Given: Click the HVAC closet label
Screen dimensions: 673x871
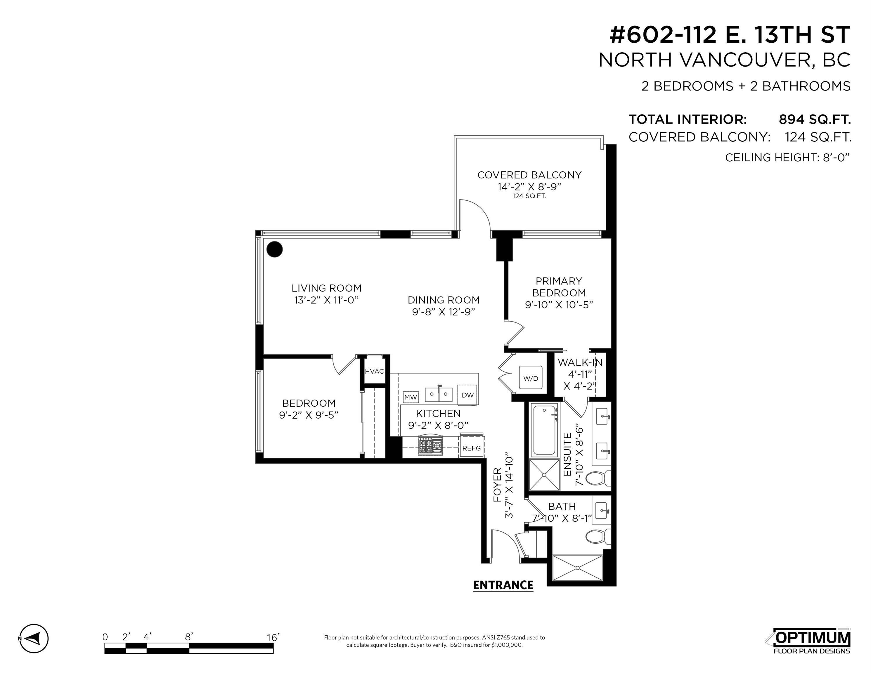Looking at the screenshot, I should (x=374, y=372).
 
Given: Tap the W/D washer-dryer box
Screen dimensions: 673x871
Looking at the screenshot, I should (x=530, y=378).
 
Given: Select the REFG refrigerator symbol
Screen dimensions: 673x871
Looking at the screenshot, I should (x=471, y=448).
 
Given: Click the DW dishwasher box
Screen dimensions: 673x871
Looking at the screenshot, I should (x=467, y=395).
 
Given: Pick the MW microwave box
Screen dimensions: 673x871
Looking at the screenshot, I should (x=411, y=397).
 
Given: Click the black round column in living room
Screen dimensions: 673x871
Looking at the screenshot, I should (x=274, y=249).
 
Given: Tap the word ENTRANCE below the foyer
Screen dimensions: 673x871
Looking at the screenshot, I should (x=503, y=585).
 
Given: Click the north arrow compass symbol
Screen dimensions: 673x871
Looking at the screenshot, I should (x=34, y=639).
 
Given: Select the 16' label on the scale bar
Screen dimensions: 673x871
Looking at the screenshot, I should (x=273, y=638).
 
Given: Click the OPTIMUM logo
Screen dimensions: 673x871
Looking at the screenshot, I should (x=812, y=641).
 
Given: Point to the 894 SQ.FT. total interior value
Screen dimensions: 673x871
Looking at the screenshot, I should (x=814, y=119).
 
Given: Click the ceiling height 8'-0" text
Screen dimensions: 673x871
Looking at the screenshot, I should (x=787, y=157).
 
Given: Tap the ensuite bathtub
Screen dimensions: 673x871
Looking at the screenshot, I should (x=545, y=430).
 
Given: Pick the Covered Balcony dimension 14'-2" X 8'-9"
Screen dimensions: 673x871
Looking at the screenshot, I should (x=529, y=187).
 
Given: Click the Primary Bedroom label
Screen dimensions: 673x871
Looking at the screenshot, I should (x=559, y=287).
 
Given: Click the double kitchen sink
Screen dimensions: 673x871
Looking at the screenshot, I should (x=439, y=394).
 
